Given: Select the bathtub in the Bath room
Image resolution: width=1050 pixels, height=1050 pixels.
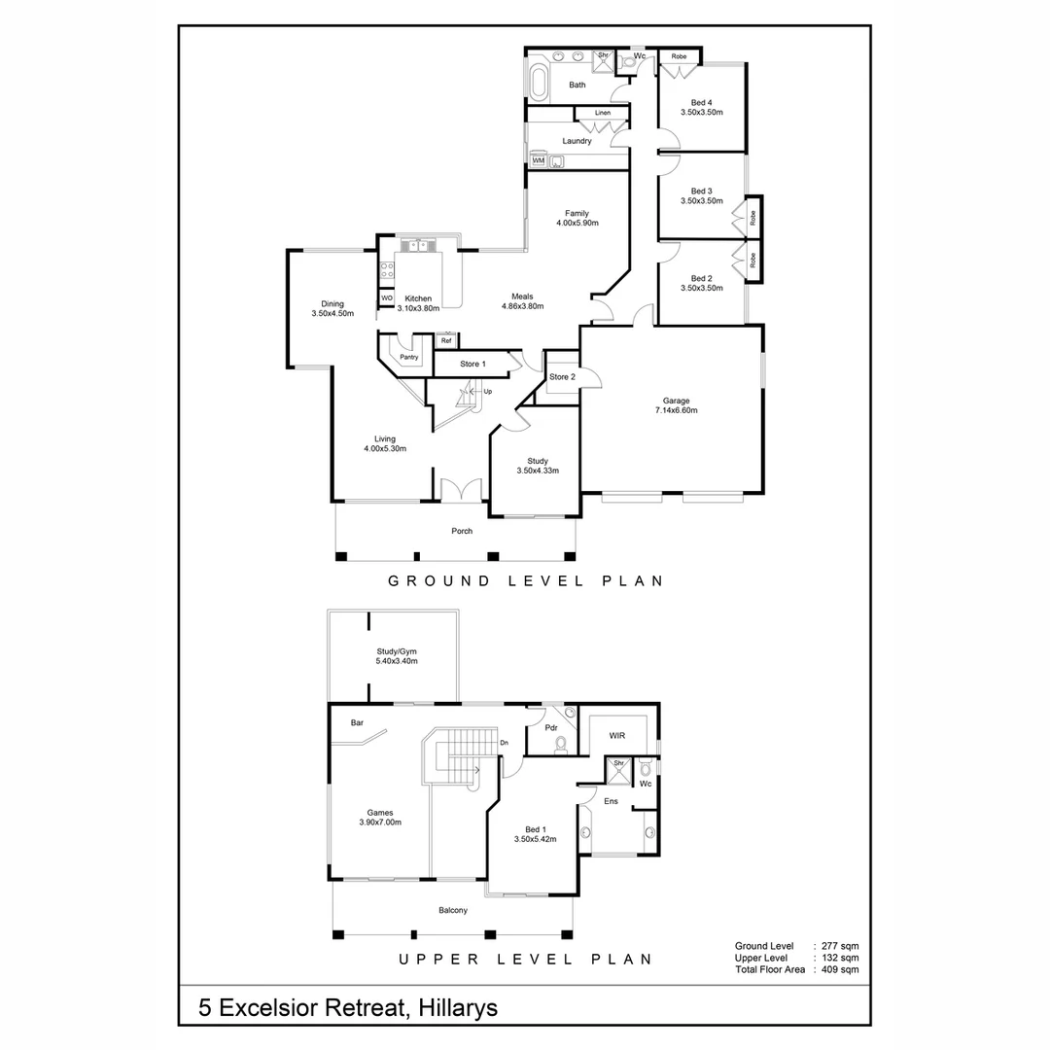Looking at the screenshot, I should point(540,83).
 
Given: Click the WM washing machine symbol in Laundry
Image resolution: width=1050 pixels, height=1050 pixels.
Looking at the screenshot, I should point(538,160).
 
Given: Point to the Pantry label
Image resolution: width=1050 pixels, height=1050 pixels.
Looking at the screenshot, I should point(409,357).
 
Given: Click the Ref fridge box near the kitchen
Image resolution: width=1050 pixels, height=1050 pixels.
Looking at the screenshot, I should point(446,340).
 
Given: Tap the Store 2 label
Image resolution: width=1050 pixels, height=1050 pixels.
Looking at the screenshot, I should point(562,377).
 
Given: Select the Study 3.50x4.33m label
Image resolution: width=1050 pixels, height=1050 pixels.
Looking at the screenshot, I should point(538,466).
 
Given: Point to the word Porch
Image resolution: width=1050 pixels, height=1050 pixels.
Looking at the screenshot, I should point(462,531).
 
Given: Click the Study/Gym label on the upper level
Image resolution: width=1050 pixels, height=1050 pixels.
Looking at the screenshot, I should point(396,656).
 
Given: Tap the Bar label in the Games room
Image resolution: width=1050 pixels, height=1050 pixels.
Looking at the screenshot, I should point(357,723).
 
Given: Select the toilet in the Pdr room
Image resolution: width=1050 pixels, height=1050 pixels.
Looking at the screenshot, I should point(560,745).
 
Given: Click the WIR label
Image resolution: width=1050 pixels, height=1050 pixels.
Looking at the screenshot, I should point(616,737).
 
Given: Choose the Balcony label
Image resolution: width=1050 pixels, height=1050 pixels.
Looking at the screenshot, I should point(452,911).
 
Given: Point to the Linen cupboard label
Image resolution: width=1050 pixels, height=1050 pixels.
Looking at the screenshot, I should point(603,114).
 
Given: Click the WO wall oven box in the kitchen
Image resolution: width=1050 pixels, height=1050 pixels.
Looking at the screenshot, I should point(386,297).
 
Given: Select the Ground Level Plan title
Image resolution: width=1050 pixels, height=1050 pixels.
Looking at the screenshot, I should point(525,581).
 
